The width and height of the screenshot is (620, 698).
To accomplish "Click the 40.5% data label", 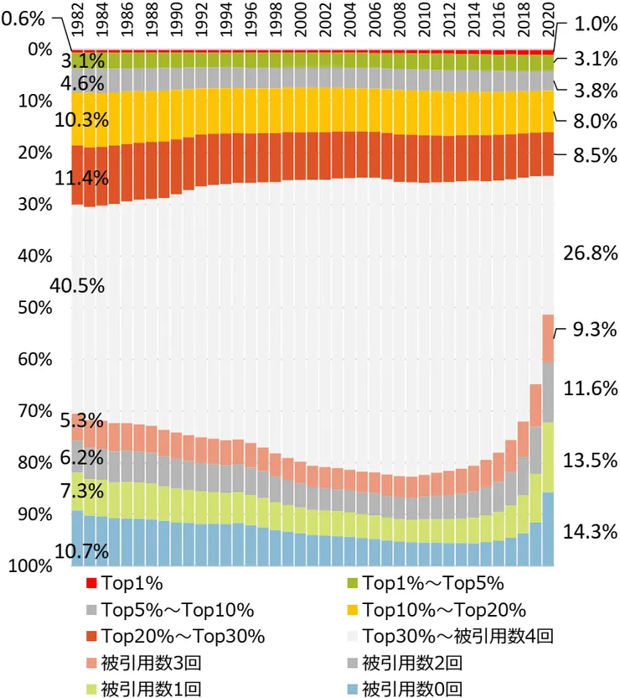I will [77, 285].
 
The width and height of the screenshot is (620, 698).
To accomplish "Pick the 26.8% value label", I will [590, 253].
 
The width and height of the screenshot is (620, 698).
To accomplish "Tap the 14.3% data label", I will [590, 531].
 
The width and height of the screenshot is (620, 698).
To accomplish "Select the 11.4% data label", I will [81, 178].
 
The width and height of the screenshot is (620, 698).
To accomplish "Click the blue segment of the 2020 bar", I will [549, 529].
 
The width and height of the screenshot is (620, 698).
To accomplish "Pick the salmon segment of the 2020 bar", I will [549, 338].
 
